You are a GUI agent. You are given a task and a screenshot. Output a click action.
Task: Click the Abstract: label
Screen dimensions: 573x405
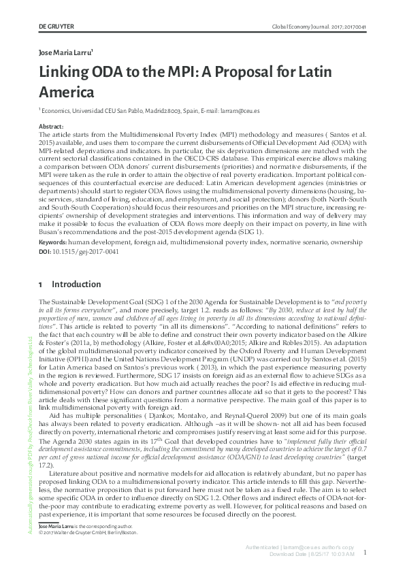coord(52,127)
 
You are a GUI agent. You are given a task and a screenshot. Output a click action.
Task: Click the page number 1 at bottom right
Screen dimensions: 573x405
coord(366,553)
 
